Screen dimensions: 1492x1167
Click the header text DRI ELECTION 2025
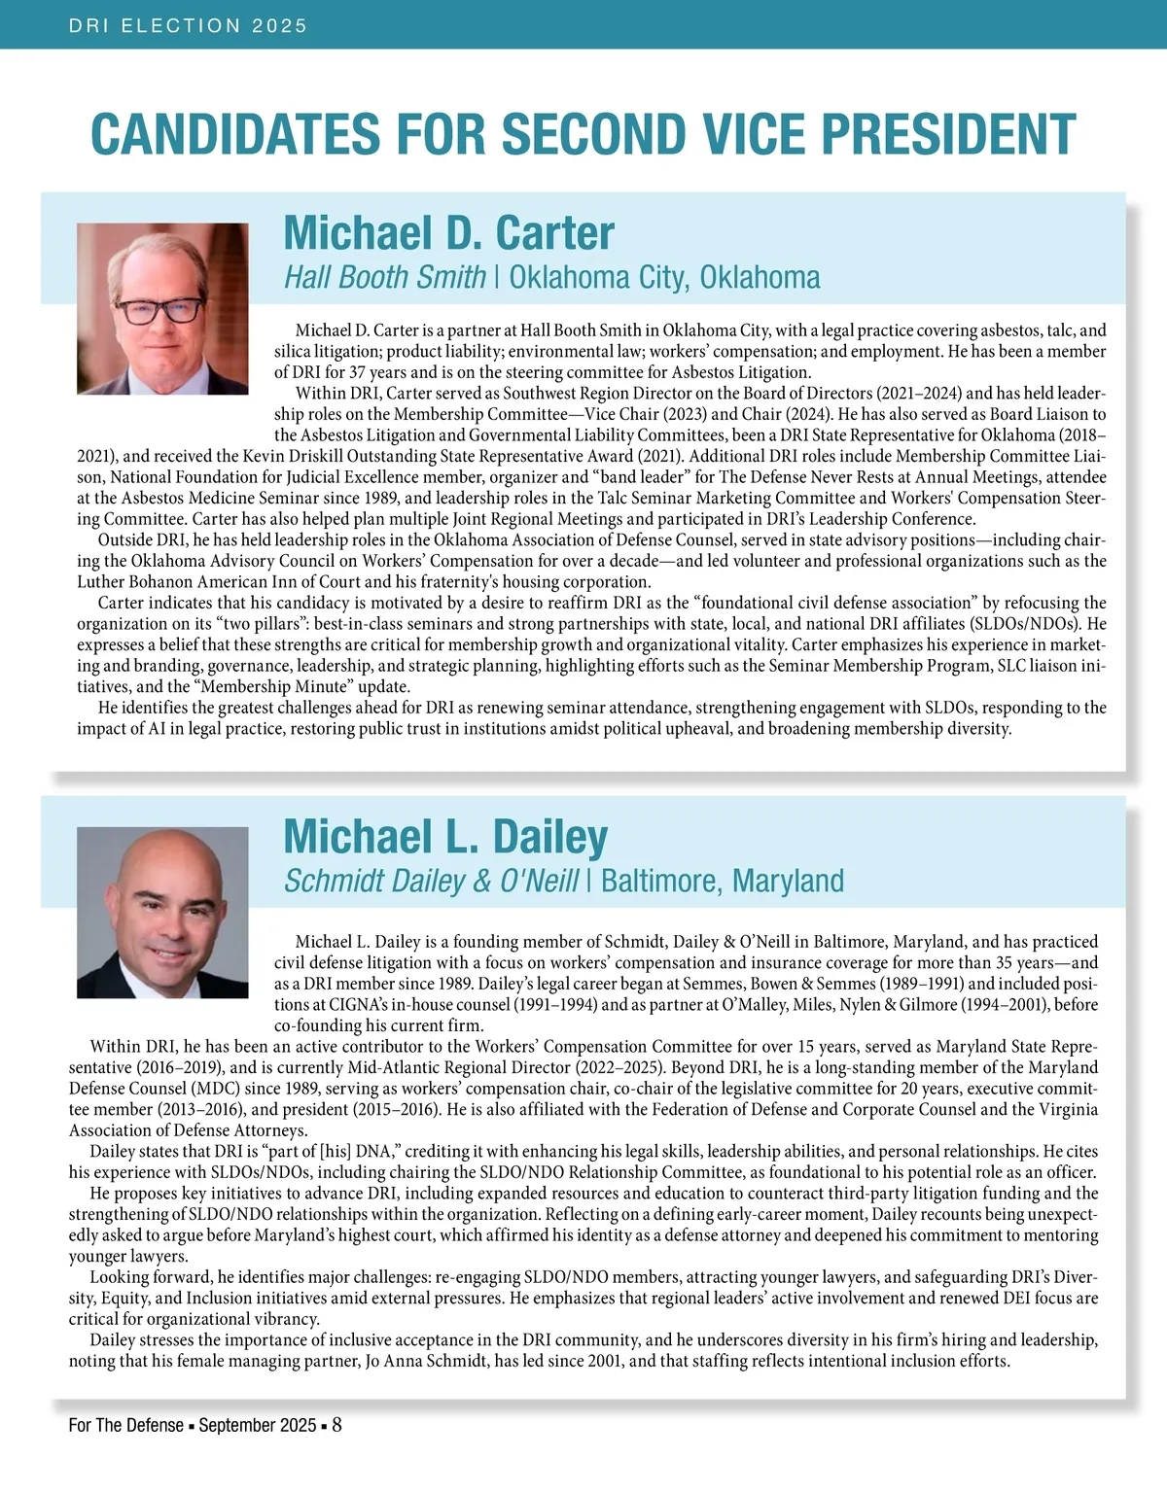tap(188, 26)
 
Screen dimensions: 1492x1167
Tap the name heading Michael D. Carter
tap(448, 233)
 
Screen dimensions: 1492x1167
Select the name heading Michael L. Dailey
tap(445, 837)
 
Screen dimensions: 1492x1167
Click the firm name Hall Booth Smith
tap(384, 278)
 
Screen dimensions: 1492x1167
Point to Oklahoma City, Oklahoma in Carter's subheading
tap(664, 278)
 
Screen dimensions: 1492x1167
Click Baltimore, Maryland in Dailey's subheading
tap(723, 882)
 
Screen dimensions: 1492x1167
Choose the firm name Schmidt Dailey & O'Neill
tap(431, 882)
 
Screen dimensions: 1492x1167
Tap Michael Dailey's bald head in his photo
tap(162, 855)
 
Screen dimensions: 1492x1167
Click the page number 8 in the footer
tap(336, 1425)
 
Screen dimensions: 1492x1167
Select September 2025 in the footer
tap(258, 1426)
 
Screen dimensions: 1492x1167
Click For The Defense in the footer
tap(125, 1426)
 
